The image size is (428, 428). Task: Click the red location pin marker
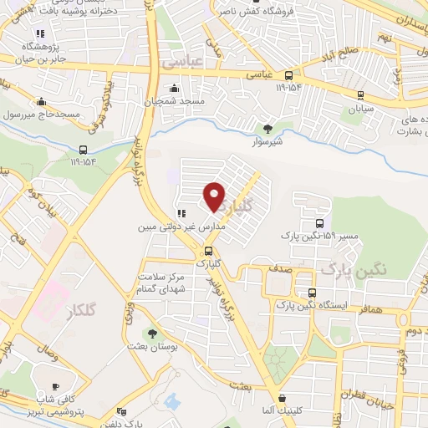pyautogui.click(x=215, y=196)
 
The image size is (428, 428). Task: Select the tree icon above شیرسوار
pyautogui.click(x=267, y=128)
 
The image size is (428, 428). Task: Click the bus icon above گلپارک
pyautogui.click(x=207, y=250)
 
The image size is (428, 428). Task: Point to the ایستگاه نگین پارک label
pyautogui.click(x=344, y=306)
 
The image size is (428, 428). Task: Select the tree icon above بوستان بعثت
pyautogui.click(x=151, y=333)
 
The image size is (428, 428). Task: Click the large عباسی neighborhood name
pyautogui.click(x=182, y=62)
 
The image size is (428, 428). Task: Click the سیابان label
pyautogui.click(x=360, y=108)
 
